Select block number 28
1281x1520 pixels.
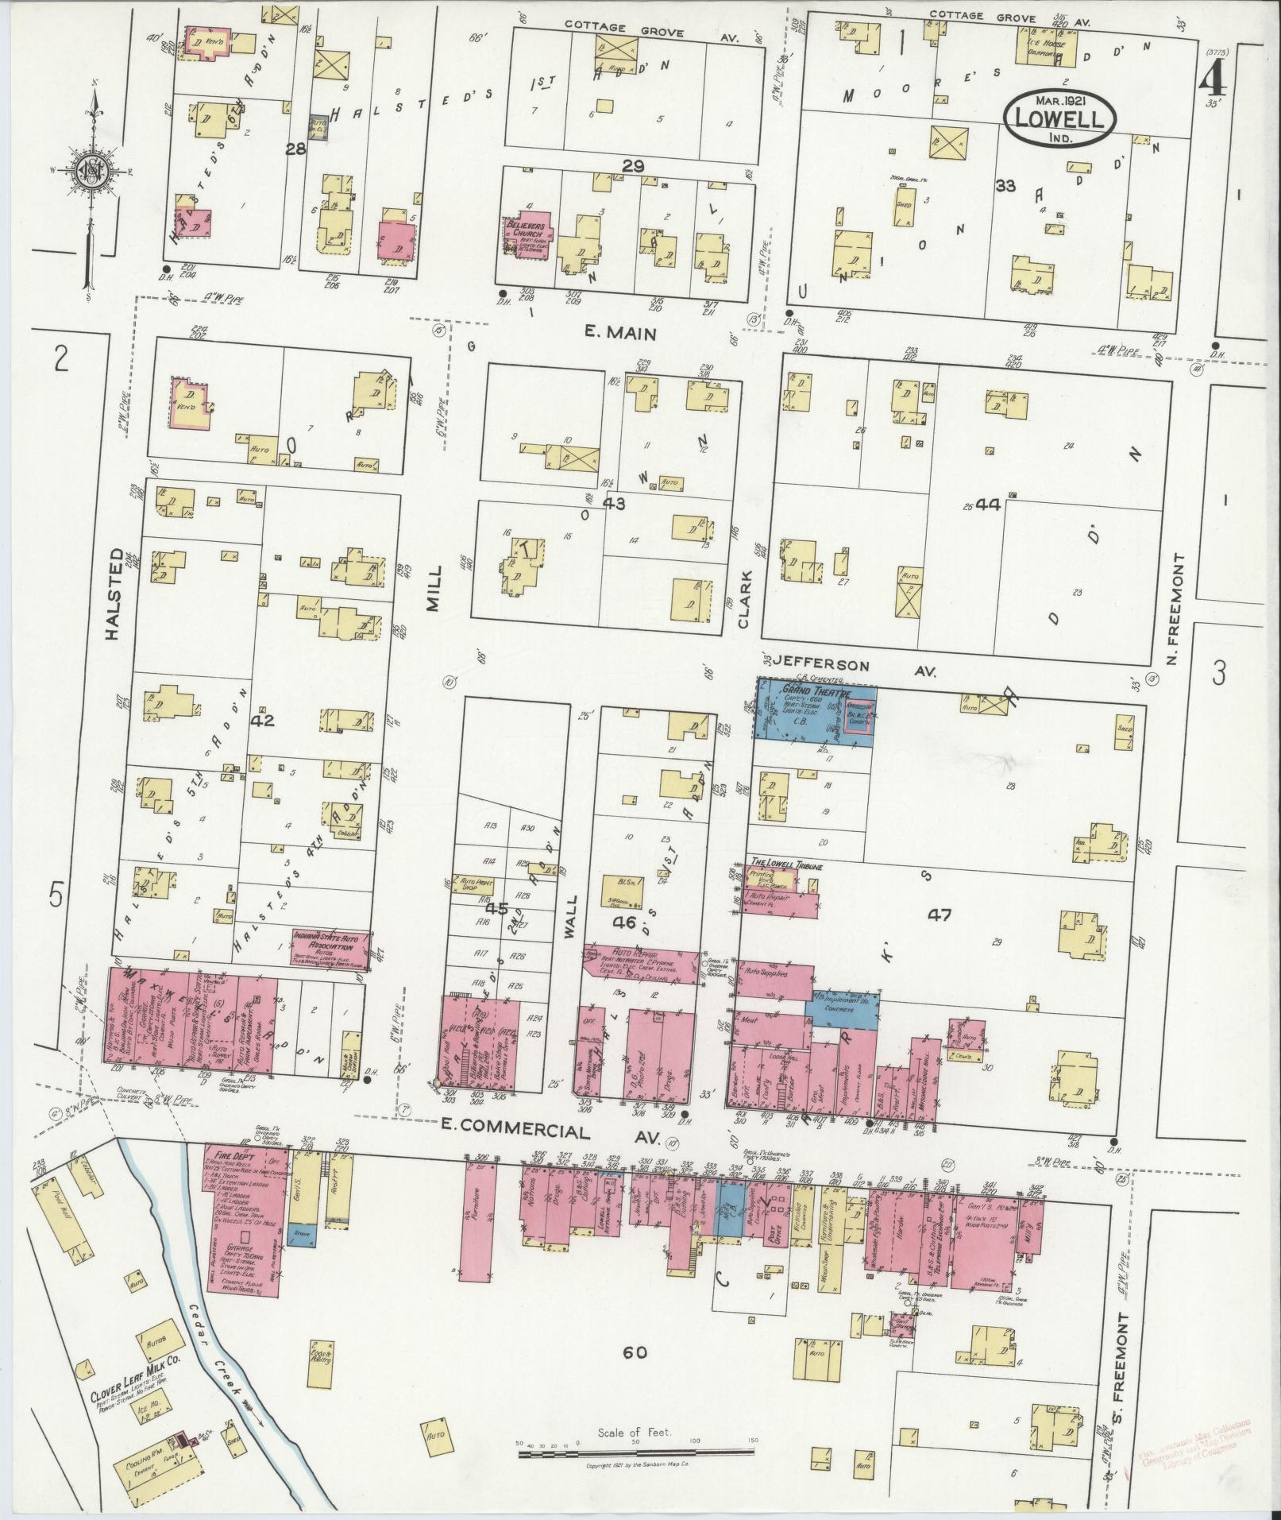point(295,148)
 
